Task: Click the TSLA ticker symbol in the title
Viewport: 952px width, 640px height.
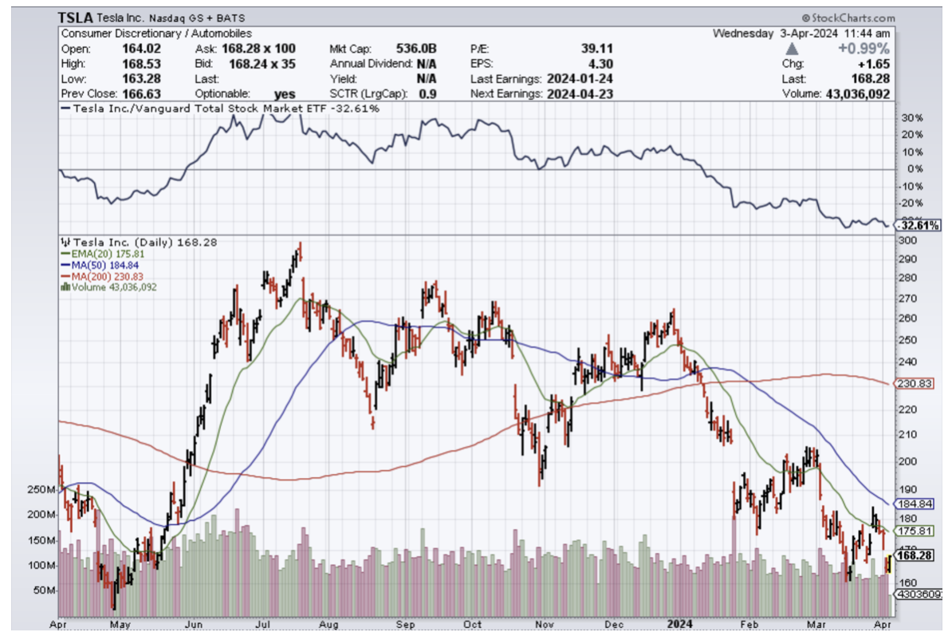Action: tap(77, 18)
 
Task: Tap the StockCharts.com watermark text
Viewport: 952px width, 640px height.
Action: tap(848, 18)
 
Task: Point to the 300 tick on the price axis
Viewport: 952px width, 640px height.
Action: tap(907, 241)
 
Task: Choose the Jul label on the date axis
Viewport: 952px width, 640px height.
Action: tap(260, 624)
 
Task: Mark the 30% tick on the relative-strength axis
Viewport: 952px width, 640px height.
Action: tap(911, 118)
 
